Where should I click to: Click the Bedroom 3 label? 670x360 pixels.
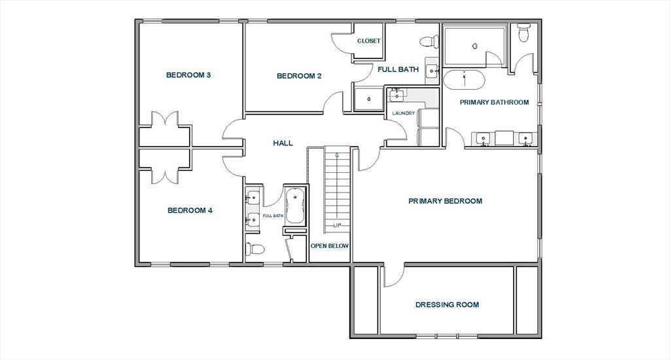pyautogui.click(x=188, y=75)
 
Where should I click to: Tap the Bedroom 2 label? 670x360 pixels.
pyautogui.click(x=299, y=76)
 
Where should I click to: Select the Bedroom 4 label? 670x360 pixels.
pyautogui.click(x=190, y=210)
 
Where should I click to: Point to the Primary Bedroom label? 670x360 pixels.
pyautogui.click(x=445, y=201)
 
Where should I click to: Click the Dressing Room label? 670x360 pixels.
pyautogui.click(x=447, y=305)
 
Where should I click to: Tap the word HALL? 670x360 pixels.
pyautogui.click(x=283, y=143)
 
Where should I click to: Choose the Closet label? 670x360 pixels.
pyautogui.click(x=369, y=41)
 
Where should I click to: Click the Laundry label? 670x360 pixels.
pyautogui.click(x=403, y=113)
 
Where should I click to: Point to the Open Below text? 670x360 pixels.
pyautogui.click(x=330, y=246)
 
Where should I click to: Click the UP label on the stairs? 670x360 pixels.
pyautogui.click(x=337, y=225)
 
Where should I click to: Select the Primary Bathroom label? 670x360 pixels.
pyautogui.click(x=495, y=102)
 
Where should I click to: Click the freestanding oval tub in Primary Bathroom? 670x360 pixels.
pyautogui.click(x=464, y=80)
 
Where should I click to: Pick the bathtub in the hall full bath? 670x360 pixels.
pyautogui.click(x=295, y=206)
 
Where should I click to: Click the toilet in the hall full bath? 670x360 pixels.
pyautogui.click(x=255, y=249)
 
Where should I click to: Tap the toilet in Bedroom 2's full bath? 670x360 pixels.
pyautogui.click(x=429, y=41)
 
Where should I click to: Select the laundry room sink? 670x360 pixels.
pyautogui.click(x=397, y=95)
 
